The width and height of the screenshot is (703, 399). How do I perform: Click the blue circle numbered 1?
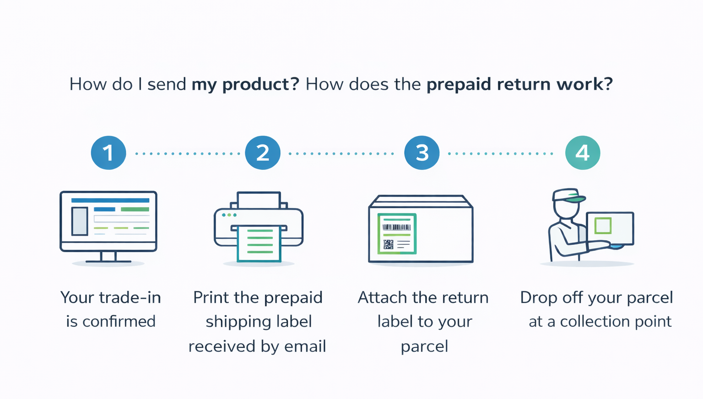[108, 153]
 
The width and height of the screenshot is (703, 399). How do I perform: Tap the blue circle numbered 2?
[263, 153]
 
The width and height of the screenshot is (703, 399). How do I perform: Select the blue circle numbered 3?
[422, 153]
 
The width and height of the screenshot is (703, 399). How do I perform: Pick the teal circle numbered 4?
[582, 153]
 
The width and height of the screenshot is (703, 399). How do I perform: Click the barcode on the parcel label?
[396, 227]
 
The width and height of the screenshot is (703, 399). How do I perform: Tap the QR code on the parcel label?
[389, 244]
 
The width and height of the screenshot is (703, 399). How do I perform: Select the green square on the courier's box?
[603, 226]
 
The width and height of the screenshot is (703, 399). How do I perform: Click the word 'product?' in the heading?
[260, 85]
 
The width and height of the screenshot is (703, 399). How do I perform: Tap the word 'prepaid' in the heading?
[459, 85]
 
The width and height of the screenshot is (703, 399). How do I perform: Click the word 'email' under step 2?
[305, 346]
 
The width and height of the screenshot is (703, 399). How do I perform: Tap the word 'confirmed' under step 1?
[119, 322]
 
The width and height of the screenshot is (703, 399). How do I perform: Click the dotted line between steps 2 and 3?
[341, 154]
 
